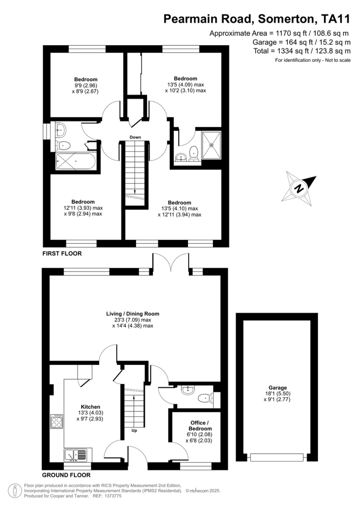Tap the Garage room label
click(x=278, y=388)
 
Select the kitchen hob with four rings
click(x=57, y=421)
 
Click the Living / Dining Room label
click(x=133, y=314)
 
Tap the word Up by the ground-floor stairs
click(x=134, y=431)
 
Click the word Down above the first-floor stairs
click(x=135, y=137)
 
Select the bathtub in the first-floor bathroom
click(x=75, y=162)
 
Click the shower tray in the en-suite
click(x=211, y=144)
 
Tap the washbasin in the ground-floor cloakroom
click(x=188, y=389)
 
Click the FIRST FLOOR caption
click(x=62, y=253)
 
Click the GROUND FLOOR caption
click(x=66, y=475)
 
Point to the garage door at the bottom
click(x=277, y=457)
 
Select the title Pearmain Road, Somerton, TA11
click(x=257, y=19)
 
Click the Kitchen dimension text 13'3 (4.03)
click(x=90, y=413)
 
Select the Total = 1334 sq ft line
click(x=302, y=51)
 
